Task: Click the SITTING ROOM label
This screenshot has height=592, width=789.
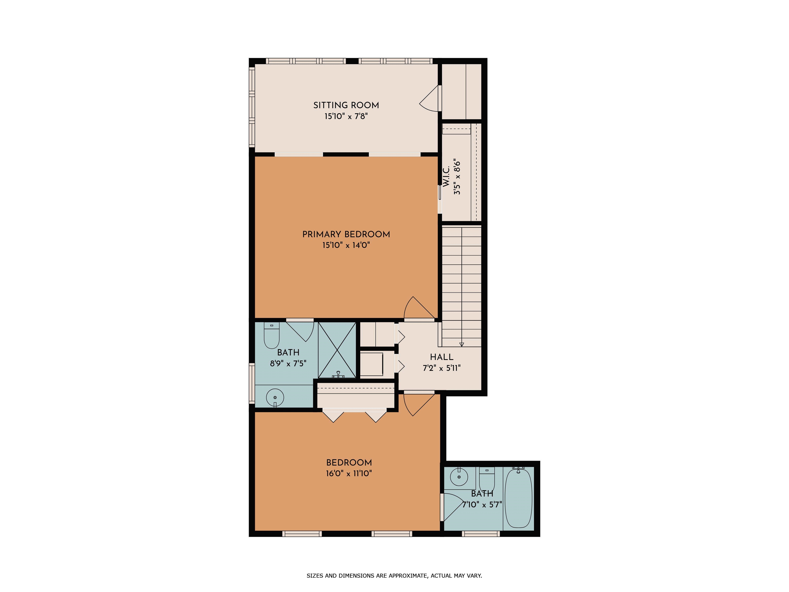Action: tap(346, 105)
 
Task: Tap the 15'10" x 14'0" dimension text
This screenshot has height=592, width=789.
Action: tap(346, 245)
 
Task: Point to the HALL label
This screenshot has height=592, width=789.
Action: tap(442, 357)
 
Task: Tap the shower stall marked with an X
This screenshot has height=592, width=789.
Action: tap(337, 350)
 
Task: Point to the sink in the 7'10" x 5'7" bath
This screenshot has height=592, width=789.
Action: tap(459, 477)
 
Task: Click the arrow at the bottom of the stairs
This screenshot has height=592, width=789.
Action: tap(462, 344)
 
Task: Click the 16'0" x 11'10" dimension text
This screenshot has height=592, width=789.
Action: tap(349, 474)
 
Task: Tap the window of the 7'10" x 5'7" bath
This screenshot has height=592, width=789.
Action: tap(481, 534)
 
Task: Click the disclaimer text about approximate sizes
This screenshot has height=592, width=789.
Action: tap(394, 576)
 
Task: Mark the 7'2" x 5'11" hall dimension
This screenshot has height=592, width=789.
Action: tap(442, 368)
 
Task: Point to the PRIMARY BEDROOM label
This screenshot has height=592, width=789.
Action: tap(346, 234)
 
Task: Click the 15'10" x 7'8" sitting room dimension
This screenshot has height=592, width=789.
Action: tap(346, 116)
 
